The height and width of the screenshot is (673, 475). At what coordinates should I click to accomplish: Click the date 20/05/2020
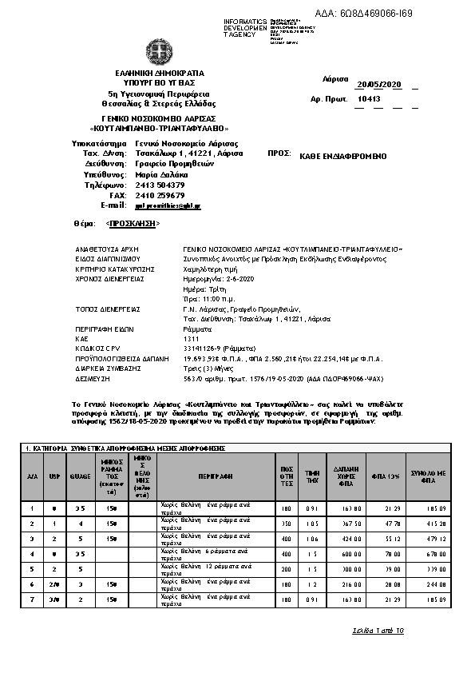[378, 84]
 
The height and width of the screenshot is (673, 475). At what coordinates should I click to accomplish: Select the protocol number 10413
[369, 99]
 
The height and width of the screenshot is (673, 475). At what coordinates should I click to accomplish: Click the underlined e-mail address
[168, 205]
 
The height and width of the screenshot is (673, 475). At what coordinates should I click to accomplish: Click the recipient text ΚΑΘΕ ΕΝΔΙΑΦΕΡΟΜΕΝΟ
[344, 158]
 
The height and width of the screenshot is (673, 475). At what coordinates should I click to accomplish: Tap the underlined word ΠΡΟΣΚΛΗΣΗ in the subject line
[132, 225]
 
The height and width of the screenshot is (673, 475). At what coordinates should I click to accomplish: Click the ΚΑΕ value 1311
[191, 338]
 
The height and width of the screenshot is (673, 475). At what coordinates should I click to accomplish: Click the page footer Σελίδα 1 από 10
[378, 631]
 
